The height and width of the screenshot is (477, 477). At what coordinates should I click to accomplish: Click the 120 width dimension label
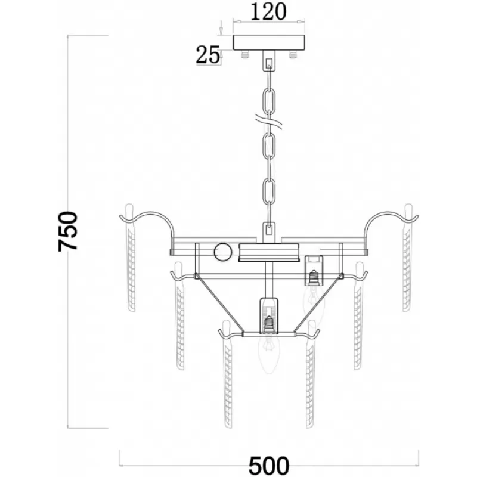point(268,11)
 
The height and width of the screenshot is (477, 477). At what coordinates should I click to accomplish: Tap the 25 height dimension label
point(207,55)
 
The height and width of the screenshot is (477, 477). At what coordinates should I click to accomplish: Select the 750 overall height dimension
point(68,231)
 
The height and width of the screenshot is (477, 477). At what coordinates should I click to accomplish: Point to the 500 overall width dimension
point(269,466)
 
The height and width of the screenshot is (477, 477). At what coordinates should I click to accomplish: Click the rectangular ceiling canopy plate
point(269,42)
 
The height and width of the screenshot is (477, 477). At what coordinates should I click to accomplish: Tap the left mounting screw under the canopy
point(245,54)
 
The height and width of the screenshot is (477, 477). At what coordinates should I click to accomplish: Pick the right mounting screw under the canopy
point(293,54)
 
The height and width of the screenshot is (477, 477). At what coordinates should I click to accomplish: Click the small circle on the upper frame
point(223,252)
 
